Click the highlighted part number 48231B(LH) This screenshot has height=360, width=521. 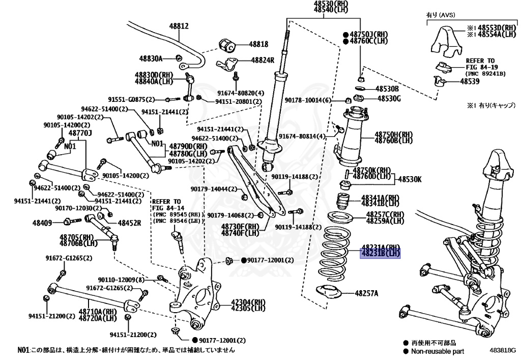(x=380, y=253)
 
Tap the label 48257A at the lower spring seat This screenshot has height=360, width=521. (x=367, y=293)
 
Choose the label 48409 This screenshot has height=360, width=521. (x=42, y=222)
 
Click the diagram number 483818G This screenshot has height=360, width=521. (x=503, y=350)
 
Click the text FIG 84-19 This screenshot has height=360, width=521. (x=480, y=67)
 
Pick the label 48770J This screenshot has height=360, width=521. (x=79, y=133)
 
